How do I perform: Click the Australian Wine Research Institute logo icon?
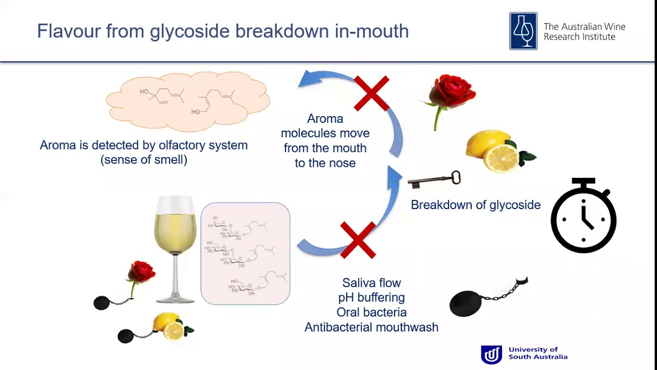(523, 31)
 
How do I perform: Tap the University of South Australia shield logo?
(491, 355)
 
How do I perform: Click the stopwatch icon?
(583, 216)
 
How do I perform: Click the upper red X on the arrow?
(372, 94)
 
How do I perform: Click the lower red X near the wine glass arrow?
(358, 240)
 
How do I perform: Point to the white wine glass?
(176, 247)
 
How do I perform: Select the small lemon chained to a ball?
(169, 327)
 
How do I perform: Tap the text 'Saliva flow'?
(372, 283)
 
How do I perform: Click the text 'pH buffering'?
(372, 298)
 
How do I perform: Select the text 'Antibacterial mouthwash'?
(372, 327)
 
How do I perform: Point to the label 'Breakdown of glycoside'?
(475, 205)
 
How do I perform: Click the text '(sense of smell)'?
(144, 160)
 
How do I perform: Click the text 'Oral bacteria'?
(372, 312)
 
